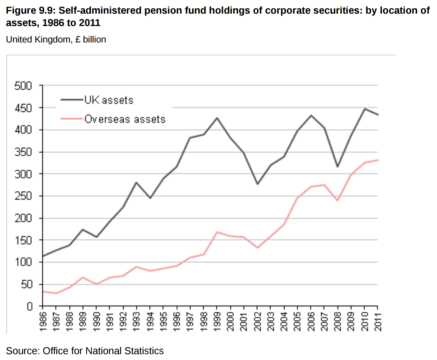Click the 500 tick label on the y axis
(23, 86)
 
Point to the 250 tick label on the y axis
(23, 196)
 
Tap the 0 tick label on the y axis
(29, 307)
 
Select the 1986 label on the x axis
(43, 322)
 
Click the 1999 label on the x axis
(217, 322)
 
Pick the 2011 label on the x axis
(378, 322)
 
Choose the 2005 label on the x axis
(297, 322)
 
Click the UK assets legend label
(109, 100)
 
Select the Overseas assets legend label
(125, 119)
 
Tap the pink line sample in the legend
(72, 119)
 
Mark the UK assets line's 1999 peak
(217, 118)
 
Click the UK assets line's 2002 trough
(257, 184)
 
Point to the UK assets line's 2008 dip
(337, 167)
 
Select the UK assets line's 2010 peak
(365, 109)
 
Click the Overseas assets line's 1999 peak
(217, 232)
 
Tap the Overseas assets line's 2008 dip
(337, 201)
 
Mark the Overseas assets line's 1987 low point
(56, 293)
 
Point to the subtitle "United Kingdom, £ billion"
(56, 40)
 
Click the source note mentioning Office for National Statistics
(85, 351)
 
